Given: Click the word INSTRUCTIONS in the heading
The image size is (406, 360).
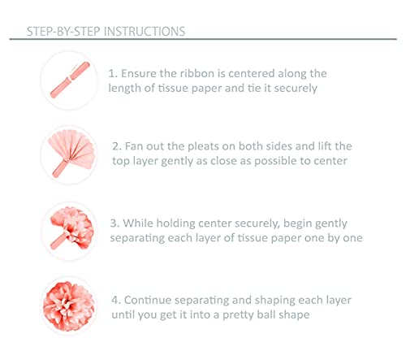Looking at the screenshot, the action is click(x=145, y=32).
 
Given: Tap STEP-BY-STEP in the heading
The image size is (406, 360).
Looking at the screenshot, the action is click(x=63, y=32).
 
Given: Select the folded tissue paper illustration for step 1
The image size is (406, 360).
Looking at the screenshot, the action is click(x=70, y=80).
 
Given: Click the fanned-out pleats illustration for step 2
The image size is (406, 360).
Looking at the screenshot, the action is click(x=71, y=153).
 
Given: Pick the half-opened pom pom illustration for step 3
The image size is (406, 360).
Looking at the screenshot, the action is click(x=72, y=228).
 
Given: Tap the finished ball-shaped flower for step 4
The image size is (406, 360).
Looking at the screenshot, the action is click(x=69, y=306).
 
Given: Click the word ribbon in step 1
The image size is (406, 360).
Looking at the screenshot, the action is click(x=197, y=73).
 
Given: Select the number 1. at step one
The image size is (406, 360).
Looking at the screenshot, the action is click(x=113, y=74).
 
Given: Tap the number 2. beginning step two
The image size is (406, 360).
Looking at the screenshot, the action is click(x=117, y=146).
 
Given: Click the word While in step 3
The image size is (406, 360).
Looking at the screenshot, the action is click(x=138, y=223).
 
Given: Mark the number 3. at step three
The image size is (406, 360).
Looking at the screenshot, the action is click(x=114, y=223).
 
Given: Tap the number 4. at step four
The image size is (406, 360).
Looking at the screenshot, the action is click(x=116, y=301).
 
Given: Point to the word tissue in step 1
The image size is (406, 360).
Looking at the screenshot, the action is click(x=173, y=89).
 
